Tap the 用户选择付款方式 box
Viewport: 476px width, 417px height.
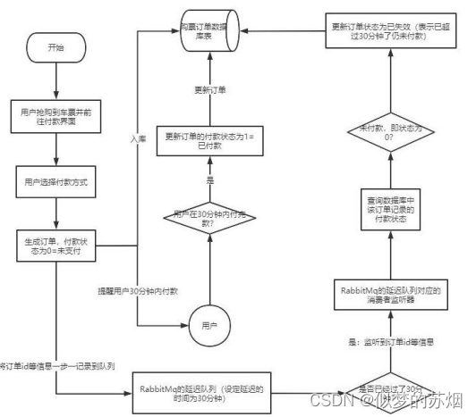56,180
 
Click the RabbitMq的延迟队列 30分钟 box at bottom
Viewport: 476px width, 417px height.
207,389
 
